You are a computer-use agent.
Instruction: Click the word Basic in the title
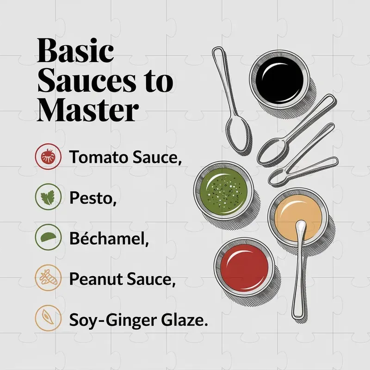(75, 51)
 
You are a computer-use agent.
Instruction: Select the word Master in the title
(88, 110)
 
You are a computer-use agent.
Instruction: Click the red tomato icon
(49, 156)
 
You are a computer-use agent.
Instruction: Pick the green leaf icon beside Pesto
(49, 197)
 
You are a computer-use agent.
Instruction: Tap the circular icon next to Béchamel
(49, 237)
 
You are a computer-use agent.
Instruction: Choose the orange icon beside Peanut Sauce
(49, 278)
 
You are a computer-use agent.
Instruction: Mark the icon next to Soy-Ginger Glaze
(49, 318)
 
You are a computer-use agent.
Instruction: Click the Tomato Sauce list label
(125, 157)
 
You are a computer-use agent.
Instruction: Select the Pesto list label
(93, 198)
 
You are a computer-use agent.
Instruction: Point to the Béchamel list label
(109, 238)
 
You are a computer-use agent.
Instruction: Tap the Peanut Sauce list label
(123, 279)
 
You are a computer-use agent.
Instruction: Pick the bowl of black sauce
(279, 80)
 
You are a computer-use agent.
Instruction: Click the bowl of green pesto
(223, 191)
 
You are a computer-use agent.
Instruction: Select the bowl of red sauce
(245, 267)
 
